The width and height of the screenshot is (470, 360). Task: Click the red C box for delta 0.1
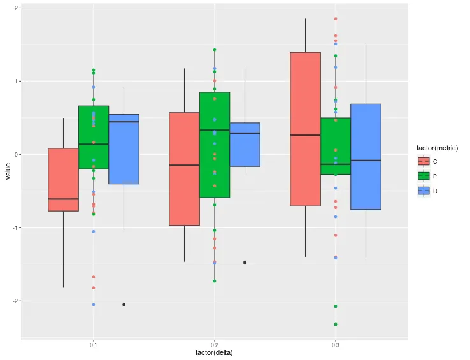(x=63, y=180)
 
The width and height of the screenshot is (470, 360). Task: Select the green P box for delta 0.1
(x=94, y=137)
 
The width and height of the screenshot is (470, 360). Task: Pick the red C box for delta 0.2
(x=184, y=169)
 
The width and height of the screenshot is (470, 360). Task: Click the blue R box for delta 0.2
(x=245, y=145)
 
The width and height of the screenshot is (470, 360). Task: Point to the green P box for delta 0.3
(x=336, y=146)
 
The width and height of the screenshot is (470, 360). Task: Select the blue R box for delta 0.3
(x=366, y=156)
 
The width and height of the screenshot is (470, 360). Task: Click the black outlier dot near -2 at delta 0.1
(x=124, y=305)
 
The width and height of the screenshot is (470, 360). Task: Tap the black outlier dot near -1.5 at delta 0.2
(x=245, y=263)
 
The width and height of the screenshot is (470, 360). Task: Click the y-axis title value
(x=8, y=172)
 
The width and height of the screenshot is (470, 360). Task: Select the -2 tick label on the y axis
(x=15, y=301)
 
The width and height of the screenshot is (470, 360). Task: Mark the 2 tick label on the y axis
(x=16, y=8)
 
